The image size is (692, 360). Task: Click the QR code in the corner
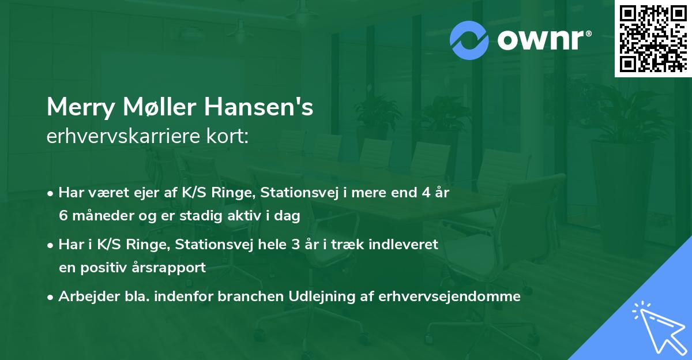pyautogui.click(x=653, y=38)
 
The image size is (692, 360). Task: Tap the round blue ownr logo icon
pyautogui.click(x=469, y=40)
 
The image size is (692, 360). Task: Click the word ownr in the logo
pyautogui.click(x=543, y=40)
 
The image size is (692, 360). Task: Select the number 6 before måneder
pyautogui.click(x=63, y=216)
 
